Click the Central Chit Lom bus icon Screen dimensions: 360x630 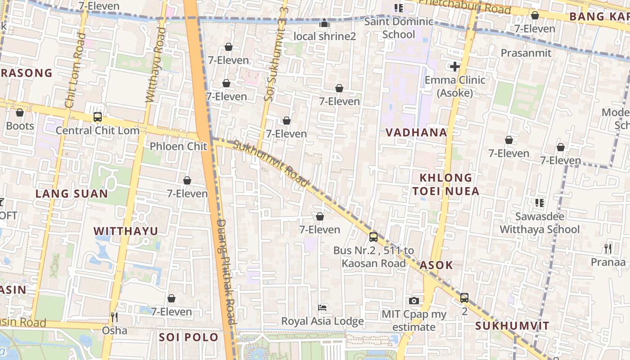pyautogui.click(x=97, y=117)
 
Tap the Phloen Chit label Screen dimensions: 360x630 pyautogui.click(x=178, y=146)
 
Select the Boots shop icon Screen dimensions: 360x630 pyautogui.click(x=20, y=112)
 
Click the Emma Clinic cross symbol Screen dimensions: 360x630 pyautogui.click(x=454, y=67)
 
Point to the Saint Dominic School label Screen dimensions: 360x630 pyautogui.click(x=399, y=28)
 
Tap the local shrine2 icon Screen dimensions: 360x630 pyautogui.click(x=324, y=22)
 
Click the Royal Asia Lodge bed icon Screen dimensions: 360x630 pyautogui.click(x=322, y=308)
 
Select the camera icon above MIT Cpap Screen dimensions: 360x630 pyautogui.click(x=414, y=301)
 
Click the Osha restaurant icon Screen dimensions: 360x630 pyautogui.click(x=114, y=317)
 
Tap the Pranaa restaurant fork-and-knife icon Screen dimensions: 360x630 pyautogui.click(x=608, y=248)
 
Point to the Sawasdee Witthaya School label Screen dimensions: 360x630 pyautogui.click(x=540, y=223)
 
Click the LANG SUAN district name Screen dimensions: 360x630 pyautogui.click(x=72, y=194)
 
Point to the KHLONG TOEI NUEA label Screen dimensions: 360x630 pyautogui.click(x=446, y=184)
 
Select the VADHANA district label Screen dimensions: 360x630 pyautogui.click(x=416, y=132)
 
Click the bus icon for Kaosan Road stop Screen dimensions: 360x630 pyautogui.click(x=373, y=237)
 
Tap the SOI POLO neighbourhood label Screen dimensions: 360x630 pyautogui.click(x=189, y=337)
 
